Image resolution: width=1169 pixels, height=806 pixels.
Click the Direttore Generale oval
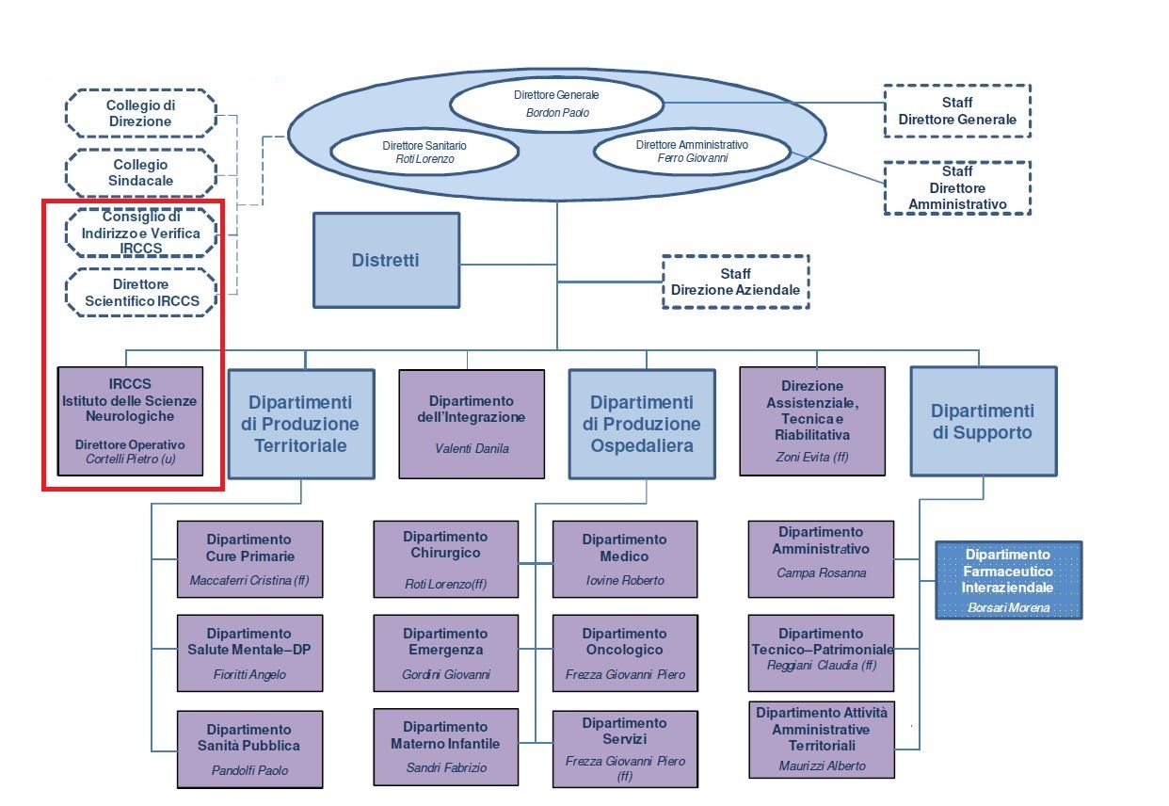[556, 104]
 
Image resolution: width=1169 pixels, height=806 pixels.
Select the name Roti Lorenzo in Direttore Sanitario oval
[424, 160]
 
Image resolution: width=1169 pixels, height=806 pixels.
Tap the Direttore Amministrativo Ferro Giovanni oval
[691, 152]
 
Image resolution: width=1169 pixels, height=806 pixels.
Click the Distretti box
[386, 260]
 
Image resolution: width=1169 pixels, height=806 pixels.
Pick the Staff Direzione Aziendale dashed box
[735, 282]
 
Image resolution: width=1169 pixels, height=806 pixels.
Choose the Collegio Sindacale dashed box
[140, 173]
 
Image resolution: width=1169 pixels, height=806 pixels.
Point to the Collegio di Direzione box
[140, 114]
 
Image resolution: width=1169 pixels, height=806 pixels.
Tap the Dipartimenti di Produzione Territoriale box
[300, 425]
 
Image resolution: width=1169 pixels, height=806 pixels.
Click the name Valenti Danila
[472, 448]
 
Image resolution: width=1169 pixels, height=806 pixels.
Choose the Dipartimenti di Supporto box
[983, 421]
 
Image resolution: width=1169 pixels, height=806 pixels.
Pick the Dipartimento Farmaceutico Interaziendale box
[1008, 579]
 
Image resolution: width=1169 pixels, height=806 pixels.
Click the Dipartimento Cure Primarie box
[249, 559]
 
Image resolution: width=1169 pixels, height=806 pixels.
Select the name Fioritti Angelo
[249, 674]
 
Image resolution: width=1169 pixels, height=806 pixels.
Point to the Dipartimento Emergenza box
[445, 653]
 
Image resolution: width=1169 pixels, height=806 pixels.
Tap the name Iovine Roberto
[624, 580]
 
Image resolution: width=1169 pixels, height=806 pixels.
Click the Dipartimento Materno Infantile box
[445, 747]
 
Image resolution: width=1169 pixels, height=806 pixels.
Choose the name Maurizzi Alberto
[821, 766]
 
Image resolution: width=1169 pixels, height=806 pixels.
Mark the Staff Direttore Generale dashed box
[957, 111]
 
